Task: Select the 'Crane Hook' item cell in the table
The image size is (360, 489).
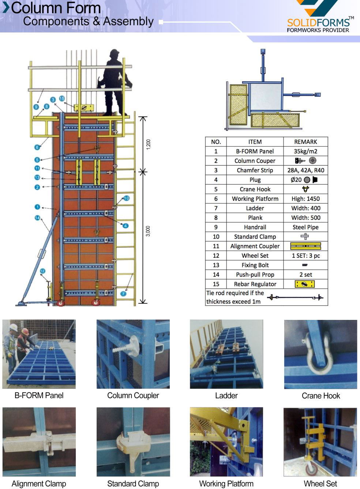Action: [x=255, y=189]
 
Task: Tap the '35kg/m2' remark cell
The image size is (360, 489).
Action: [x=305, y=151]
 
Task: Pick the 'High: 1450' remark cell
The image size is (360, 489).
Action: [x=305, y=199]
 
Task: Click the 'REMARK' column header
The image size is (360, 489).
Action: [x=305, y=142]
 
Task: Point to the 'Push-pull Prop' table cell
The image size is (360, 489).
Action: [x=255, y=275]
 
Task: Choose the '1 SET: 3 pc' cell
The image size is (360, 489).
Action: [x=305, y=255]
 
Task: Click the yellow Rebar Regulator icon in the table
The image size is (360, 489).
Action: [x=305, y=284]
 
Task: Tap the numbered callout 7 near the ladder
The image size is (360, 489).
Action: [x=123, y=294]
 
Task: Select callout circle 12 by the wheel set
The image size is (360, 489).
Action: [x=42, y=271]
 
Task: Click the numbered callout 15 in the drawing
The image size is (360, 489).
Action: [x=62, y=98]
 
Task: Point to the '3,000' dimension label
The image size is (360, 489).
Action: [x=148, y=231]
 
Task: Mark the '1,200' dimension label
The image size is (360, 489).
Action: [x=148, y=144]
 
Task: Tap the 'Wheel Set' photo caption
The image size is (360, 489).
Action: [x=320, y=484]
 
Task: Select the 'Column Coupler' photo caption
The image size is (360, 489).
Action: [x=133, y=396]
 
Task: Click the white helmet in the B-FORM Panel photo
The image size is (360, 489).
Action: [x=14, y=326]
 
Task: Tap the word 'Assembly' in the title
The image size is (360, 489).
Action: [x=128, y=22]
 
